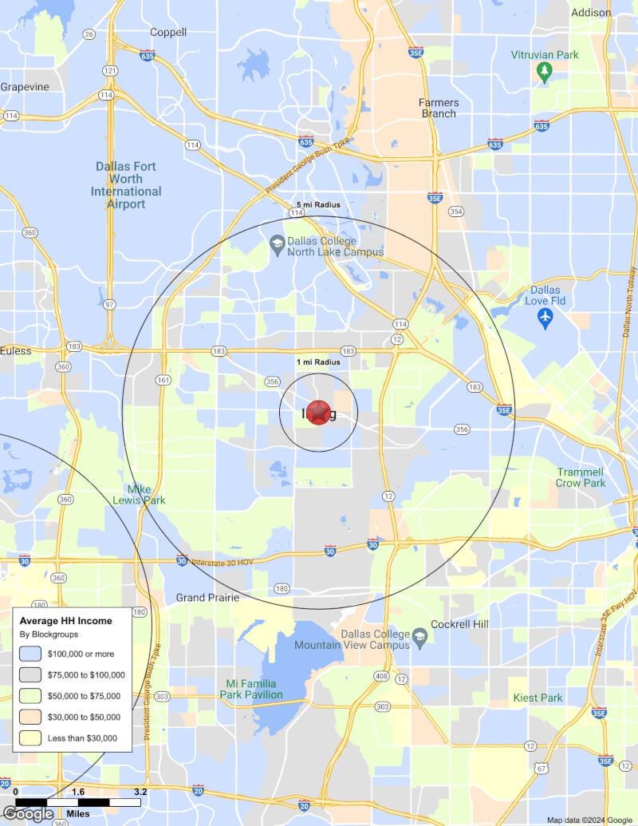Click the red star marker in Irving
pos(318,412)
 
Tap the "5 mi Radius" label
pos(318,205)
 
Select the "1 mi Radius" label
pos(318,362)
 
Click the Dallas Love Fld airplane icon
pos(545,318)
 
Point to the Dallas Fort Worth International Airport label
pos(126,185)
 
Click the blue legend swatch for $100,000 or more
pos(31,654)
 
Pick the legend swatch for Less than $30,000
pos(31,738)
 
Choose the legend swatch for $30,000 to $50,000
pos(31,717)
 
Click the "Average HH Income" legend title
pos(65,621)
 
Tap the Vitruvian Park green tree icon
pos(545,73)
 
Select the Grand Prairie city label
pos(207,598)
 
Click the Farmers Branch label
pos(439,108)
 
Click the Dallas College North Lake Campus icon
pos(277,244)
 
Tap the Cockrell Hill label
pos(459,623)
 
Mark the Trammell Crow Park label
pos(581,477)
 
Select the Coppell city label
pos(168,33)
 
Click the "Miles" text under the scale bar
pos(77,813)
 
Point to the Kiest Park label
pos(538,698)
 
